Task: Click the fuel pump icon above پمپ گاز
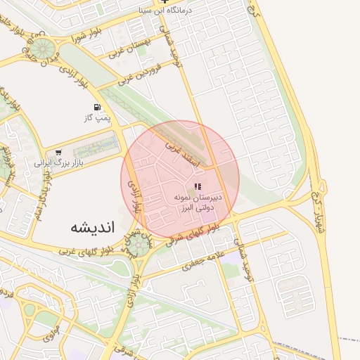pos(97,108)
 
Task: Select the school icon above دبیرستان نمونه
pos(196,186)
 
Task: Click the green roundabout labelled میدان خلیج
pos(44,49)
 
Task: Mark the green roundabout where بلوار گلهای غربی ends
pos(138,244)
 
